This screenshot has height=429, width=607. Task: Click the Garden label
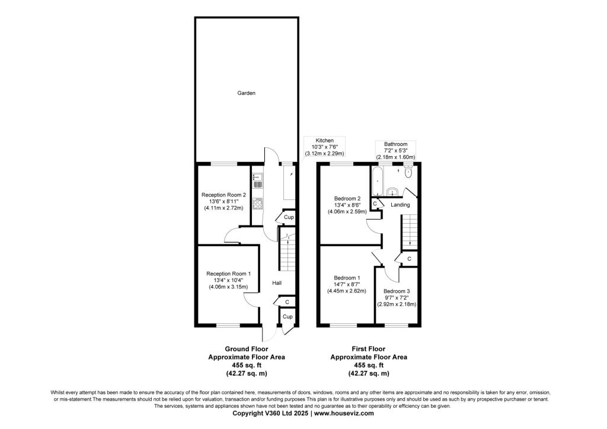click(246, 93)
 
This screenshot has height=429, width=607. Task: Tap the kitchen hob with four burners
click(257, 204)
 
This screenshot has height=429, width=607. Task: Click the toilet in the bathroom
click(408, 172)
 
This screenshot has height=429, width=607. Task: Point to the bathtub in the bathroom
click(376, 181)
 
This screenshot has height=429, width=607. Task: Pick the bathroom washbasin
click(392, 192)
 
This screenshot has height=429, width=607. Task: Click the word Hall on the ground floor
click(277, 283)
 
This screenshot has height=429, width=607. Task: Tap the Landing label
click(400, 205)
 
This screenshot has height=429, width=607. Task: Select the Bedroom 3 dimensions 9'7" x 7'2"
click(397, 298)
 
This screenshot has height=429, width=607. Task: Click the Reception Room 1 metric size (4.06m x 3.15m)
click(228, 287)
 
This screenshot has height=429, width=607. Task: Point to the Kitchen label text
click(324, 140)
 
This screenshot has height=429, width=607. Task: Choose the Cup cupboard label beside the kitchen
click(289, 217)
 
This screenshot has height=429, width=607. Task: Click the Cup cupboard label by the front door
click(287, 317)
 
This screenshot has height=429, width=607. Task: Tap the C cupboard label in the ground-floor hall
click(287, 302)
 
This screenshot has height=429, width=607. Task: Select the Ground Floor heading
click(247, 349)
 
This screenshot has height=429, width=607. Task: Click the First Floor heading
click(369, 349)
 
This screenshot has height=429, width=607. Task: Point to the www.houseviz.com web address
click(344, 413)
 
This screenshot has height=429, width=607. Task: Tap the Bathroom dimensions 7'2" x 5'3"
click(395, 150)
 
